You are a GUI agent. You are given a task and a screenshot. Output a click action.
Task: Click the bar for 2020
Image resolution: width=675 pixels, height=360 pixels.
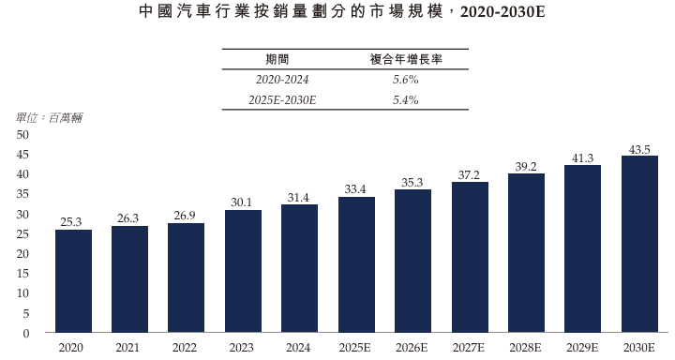tap(73, 281)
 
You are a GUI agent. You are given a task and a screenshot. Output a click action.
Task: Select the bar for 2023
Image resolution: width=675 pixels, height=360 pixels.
tap(243, 271)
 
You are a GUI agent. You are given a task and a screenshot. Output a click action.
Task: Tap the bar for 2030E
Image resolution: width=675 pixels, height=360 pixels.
tap(639, 244)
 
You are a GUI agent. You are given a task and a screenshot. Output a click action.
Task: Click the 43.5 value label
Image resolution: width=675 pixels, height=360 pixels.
tap(639, 149)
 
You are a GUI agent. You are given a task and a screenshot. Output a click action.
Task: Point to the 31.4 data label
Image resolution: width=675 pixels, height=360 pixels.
tap(299, 197)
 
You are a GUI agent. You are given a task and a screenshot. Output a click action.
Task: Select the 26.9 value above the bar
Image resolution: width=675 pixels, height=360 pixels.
tap(186, 216)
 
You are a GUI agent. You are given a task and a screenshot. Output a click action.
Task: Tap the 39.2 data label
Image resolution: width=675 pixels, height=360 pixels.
tap(526, 166)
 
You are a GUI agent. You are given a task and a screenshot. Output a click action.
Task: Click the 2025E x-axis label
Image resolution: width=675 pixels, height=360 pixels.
tap(356, 348)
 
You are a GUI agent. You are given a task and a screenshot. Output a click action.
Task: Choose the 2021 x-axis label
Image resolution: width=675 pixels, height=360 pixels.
tap(129, 348)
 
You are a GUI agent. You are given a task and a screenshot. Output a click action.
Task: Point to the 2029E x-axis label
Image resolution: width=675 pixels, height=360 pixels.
tap(582, 348)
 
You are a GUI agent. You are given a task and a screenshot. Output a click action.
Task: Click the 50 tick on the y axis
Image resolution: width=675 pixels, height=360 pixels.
tap(23, 135)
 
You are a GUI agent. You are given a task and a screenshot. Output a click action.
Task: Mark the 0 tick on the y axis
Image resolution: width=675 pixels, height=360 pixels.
tap(27, 333)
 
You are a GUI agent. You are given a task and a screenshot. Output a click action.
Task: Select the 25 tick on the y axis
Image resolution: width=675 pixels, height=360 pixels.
tap(23, 234)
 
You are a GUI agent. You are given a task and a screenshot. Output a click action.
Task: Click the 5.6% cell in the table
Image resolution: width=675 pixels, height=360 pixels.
tap(406, 80)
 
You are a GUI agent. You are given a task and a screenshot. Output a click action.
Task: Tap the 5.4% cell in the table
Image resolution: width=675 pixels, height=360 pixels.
tap(406, 99)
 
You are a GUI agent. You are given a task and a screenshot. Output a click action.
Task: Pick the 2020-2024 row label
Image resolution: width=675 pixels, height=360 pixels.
tap(282, 80)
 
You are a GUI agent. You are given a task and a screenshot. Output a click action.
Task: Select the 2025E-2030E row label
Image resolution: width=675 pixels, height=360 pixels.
tap(282, 99)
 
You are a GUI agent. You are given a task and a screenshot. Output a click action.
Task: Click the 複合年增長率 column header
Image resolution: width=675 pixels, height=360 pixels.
tap(406, 59)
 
